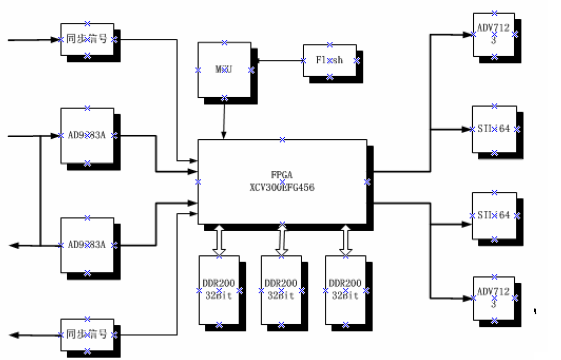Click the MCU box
tap(224, 70)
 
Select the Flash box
tap(330, 60)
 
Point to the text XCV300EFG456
tap(282, 187)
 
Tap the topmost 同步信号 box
tap(87, 39)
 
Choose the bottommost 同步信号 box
tap(87, 335)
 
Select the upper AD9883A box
tap(87, 136)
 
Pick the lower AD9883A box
tap(87, 245)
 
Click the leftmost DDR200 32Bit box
tap(219, 290)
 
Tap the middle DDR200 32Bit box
tap(282, 290)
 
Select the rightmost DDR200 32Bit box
tap(346, 290)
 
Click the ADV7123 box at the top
tap(494, 34)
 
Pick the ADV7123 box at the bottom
tap(494, 298)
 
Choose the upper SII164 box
tap(494, 129)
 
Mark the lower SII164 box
tap(494, 215)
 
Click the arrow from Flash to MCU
tap(278, 60)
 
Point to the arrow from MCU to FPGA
tap(224, 119)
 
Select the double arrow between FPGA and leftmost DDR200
tap(219, 240)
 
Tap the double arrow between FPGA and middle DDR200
tap(282, 240)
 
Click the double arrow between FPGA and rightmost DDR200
tap(346, 240)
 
